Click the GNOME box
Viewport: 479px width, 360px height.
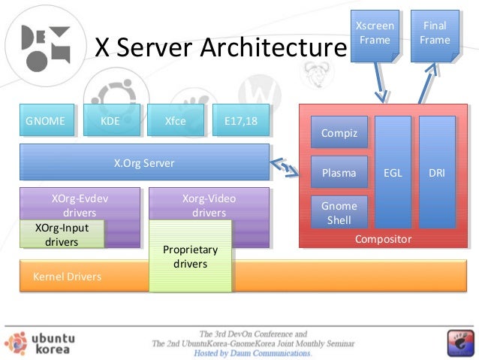[47, 120]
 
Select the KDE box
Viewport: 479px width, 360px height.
[112, 120]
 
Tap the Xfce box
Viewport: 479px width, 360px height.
[176, 120]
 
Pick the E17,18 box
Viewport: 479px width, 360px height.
[241, 120]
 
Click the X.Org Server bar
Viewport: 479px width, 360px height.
[144, 162]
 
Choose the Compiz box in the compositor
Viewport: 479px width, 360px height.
[339, 132]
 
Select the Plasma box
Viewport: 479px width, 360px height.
[339, 172]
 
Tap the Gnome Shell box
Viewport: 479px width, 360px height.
[339, 212]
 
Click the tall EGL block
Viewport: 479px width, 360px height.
[393, 172]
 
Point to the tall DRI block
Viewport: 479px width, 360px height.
[437, 172]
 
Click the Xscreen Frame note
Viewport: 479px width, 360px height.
[375, 36]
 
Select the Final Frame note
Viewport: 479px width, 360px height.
[435, 36]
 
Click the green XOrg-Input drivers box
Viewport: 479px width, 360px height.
[62, 234]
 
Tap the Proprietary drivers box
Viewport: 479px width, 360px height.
[190, 256]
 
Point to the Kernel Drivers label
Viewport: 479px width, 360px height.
[68, 277]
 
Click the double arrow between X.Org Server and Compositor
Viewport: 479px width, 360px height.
[285, 168]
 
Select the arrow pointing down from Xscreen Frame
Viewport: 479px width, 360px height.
[381, 83]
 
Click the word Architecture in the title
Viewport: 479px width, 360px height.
[274, 47]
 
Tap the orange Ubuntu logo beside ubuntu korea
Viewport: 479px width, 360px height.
[16, 343]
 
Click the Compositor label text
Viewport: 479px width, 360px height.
[384, 239]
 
